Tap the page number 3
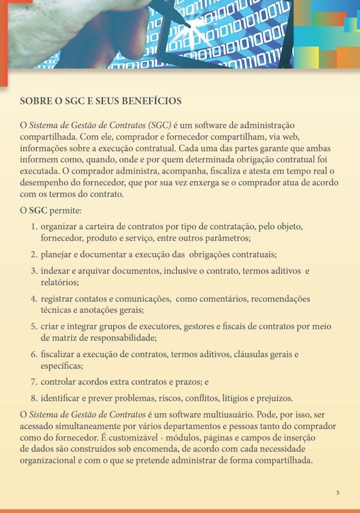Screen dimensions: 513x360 point(337,493)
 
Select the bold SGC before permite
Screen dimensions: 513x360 point(38,211)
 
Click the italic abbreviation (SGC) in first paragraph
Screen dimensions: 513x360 point(158,125)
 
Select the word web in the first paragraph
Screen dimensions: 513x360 point(292,136)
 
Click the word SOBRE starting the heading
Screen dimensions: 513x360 point(34,101)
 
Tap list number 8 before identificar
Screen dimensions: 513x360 point(34,398)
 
